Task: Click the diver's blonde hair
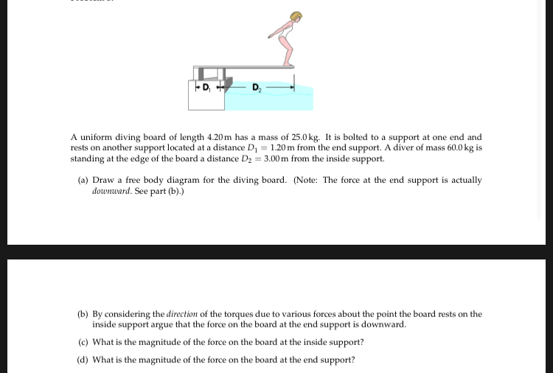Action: click(x=296, y=16)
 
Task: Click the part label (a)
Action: click(x=83, y=180)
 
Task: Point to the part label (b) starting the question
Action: click(x=83, y=314)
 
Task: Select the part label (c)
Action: click(x=83, y=342)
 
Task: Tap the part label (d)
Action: click(x=83, y=360)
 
